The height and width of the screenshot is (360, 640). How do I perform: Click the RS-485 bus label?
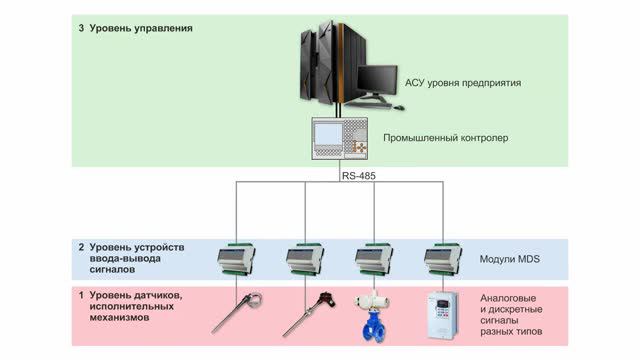(358, 176)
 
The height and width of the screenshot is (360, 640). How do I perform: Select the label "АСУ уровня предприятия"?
(464, 82)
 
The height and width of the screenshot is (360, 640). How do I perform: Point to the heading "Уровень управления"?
(140, 28)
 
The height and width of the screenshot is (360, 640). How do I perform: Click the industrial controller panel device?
(340, 137)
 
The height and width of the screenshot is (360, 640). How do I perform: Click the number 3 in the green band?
(81, 28)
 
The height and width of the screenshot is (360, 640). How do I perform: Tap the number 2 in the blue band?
(81, 246)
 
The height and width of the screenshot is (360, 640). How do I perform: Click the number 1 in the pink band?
(81, 296)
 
